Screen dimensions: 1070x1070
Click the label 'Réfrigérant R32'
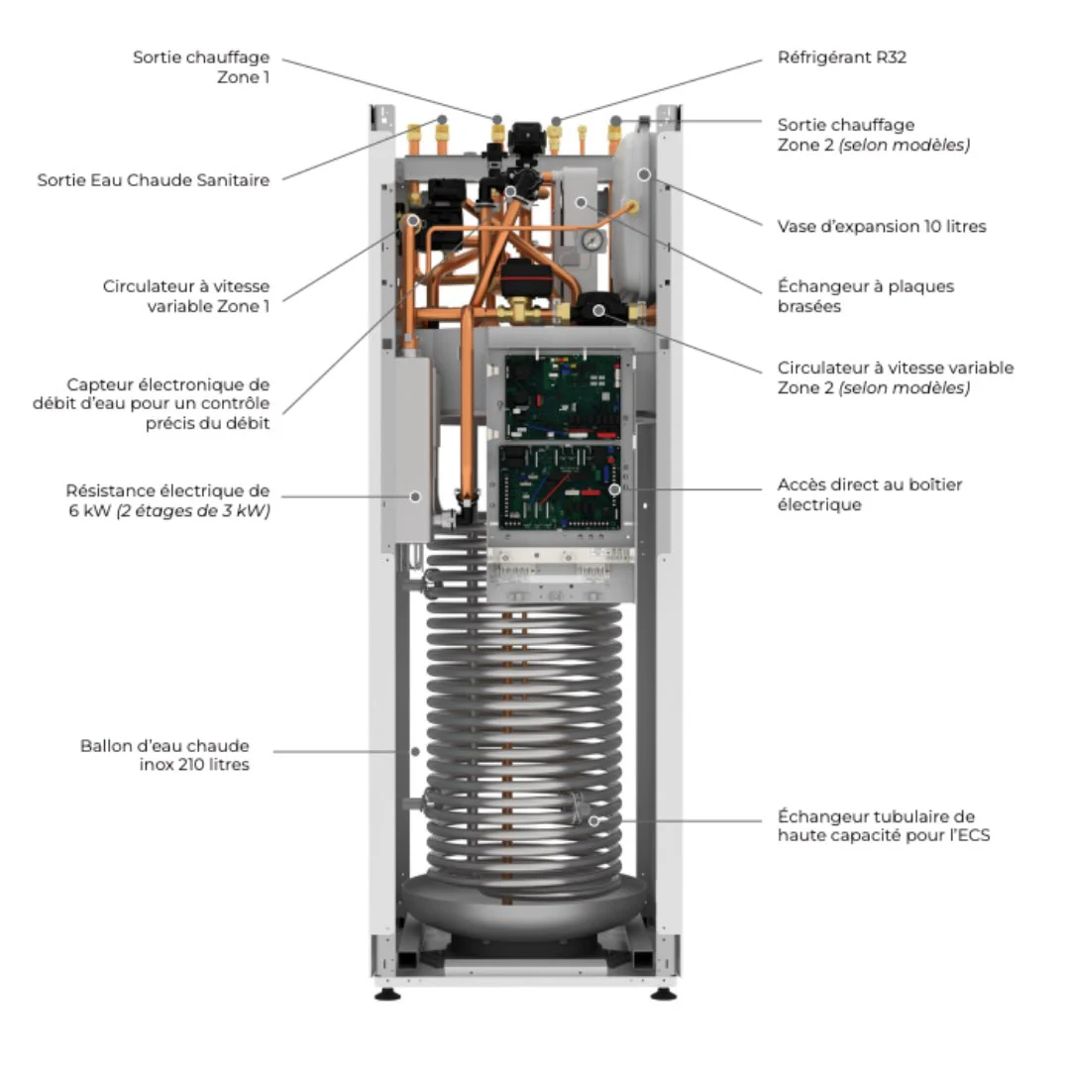[842, 57]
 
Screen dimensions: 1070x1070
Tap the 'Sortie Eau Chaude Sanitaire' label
[153, 180]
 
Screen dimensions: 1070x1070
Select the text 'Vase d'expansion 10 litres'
[882, 227]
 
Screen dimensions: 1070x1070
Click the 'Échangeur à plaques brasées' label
[865, 296]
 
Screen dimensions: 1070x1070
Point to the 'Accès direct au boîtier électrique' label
[870, 494]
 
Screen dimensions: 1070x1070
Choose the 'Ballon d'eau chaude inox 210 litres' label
[164, 755]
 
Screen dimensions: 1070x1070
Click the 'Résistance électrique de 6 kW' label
[167, 501]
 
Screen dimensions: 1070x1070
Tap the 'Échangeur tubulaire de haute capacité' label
[884, 825]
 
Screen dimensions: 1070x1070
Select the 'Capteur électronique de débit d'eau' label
[151, 404]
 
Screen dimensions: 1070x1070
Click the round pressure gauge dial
[592, 240]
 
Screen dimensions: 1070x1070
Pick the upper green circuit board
[563, 396]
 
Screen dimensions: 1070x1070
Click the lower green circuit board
[560, 487]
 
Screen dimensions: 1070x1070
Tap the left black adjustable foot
[387, 994]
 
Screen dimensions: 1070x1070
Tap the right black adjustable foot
[663, 994]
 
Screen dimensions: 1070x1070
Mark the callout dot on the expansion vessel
[644, 174]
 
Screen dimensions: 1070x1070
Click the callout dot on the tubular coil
[593, 821]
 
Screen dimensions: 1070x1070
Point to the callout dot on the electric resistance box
[415, 496]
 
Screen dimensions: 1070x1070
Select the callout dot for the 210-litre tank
[415, 752]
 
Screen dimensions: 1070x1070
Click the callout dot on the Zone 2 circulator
[598, 311]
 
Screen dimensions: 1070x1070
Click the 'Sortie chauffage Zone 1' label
[201, 67]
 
